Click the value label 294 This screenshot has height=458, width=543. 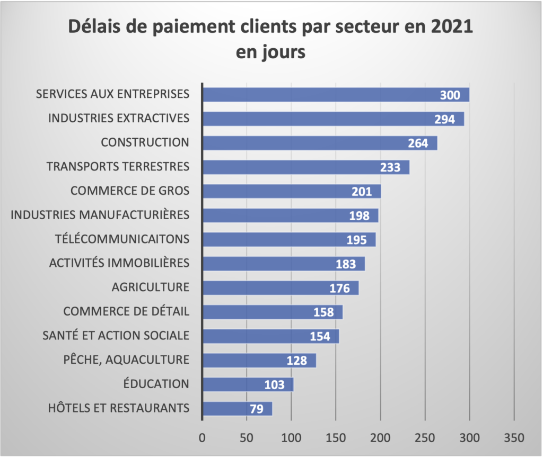444,119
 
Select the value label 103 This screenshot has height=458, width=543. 275,385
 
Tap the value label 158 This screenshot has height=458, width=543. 323,312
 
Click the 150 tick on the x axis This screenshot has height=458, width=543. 335,438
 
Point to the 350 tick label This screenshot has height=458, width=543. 514,438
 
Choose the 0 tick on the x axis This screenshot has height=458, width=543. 202,438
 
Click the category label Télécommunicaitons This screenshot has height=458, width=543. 122,239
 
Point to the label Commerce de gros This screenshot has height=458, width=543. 130,191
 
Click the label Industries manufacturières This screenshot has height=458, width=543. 100,214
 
